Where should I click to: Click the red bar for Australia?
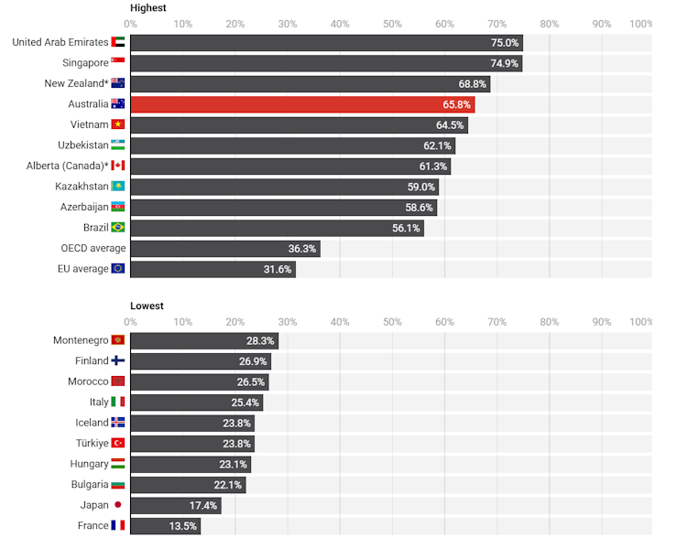coord(302,104)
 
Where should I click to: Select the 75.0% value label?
coord(504,42)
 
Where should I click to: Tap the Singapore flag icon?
coord(117,63)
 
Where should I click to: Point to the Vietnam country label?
coord(89,124)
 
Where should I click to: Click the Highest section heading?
coord(148,7)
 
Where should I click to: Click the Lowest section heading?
coord(147,306)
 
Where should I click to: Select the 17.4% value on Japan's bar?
coord(203,505)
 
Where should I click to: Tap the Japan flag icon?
coord(117,505)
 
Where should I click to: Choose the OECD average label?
coord(93,248)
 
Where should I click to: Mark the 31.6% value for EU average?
coord(277,269)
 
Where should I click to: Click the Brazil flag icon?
coord(117,227)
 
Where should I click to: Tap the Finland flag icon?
coord(117,360)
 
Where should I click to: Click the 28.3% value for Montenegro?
coord(260,340)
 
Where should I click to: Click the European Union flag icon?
coord(117,269)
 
